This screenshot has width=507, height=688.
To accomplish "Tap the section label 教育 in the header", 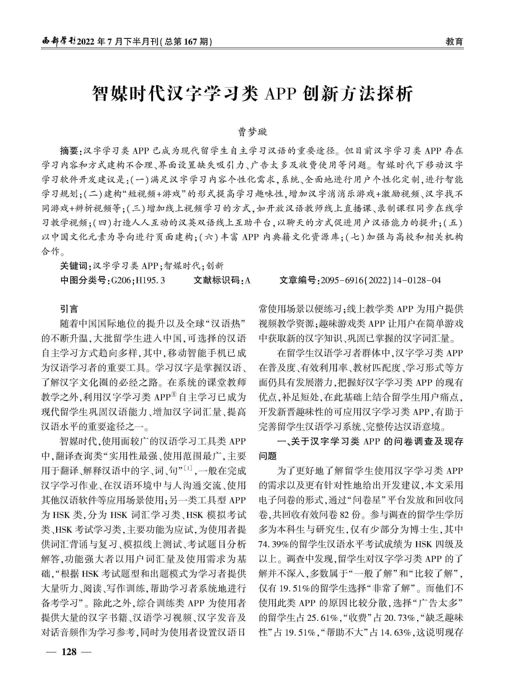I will tap(454, 41).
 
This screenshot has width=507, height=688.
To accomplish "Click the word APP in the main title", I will tap(279, 94).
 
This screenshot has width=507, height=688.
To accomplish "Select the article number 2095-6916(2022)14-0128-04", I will tap(380, 280).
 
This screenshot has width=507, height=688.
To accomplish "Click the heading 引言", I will tap(69, 309).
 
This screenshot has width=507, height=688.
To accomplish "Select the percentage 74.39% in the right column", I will tap(274, 544).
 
